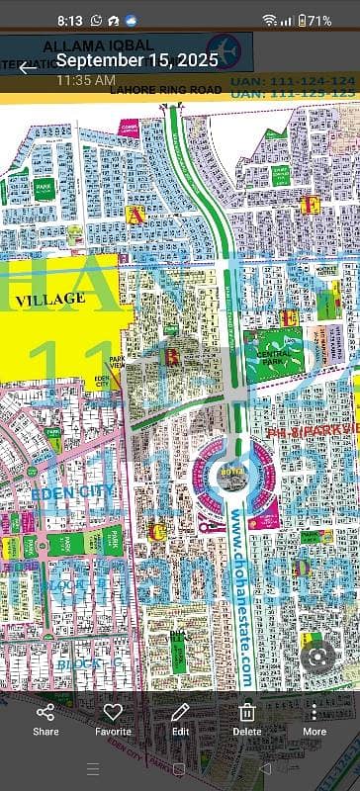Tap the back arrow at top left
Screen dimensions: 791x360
point(27,67)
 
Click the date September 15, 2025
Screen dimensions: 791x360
point(136,60)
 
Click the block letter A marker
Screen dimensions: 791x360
point(135,214)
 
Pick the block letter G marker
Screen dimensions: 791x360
point(158,531)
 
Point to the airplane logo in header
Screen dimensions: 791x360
point(222,49)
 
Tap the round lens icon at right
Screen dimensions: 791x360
point(317,657)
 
